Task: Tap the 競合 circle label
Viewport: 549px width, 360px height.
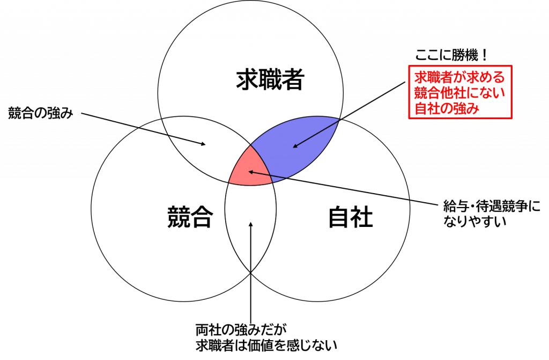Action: click(190, 217)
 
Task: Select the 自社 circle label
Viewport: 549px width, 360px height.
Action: click(350, 217)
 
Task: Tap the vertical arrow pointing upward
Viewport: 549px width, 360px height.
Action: click(250, 247)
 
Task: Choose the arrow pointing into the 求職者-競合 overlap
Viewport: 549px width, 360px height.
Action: click(172, 136)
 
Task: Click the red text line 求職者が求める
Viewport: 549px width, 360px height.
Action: click(459, 77)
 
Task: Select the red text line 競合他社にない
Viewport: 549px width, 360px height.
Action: click(459, 93)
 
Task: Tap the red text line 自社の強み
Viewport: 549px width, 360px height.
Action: click(446, 108)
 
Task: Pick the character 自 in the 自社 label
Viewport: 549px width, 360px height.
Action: click(339, 217)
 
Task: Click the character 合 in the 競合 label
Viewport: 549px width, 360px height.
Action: click(202, 217)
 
